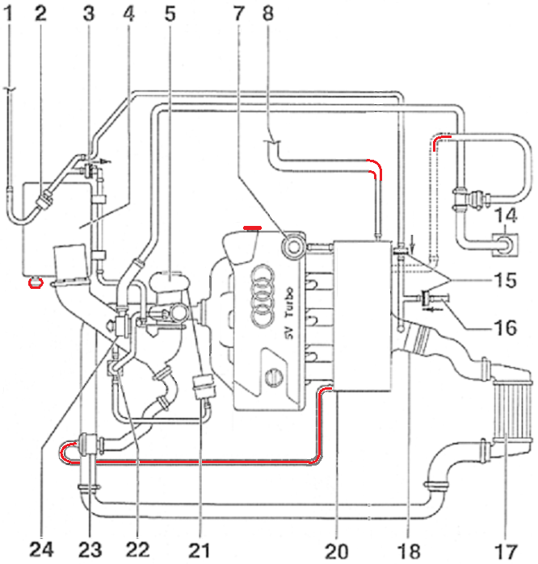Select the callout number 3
pyautogui.click(x=88, y=13)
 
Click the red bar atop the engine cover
pyautogui.click(x=252, y=228)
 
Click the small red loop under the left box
pyautogui.click(x=36, y=282)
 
